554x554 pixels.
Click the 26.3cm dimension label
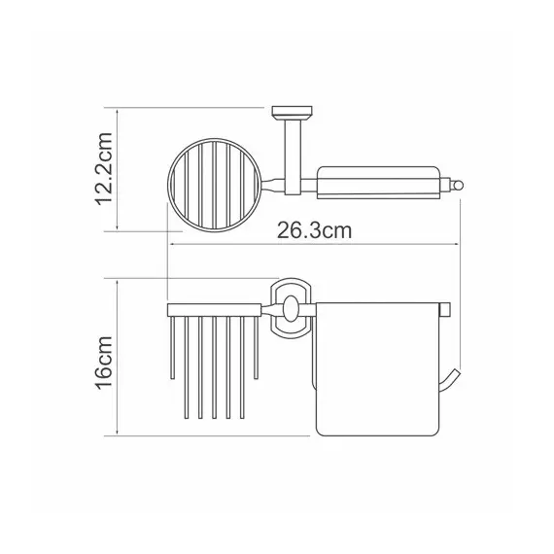click(314, 230)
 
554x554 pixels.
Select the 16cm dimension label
click(104, 363)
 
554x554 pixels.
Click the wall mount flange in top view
click(292, 112)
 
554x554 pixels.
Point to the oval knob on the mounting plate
click(291, 309)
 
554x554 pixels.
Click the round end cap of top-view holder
click(458, 185)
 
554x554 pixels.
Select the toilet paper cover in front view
click(378, 368)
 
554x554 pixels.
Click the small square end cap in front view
click(444, 309)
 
